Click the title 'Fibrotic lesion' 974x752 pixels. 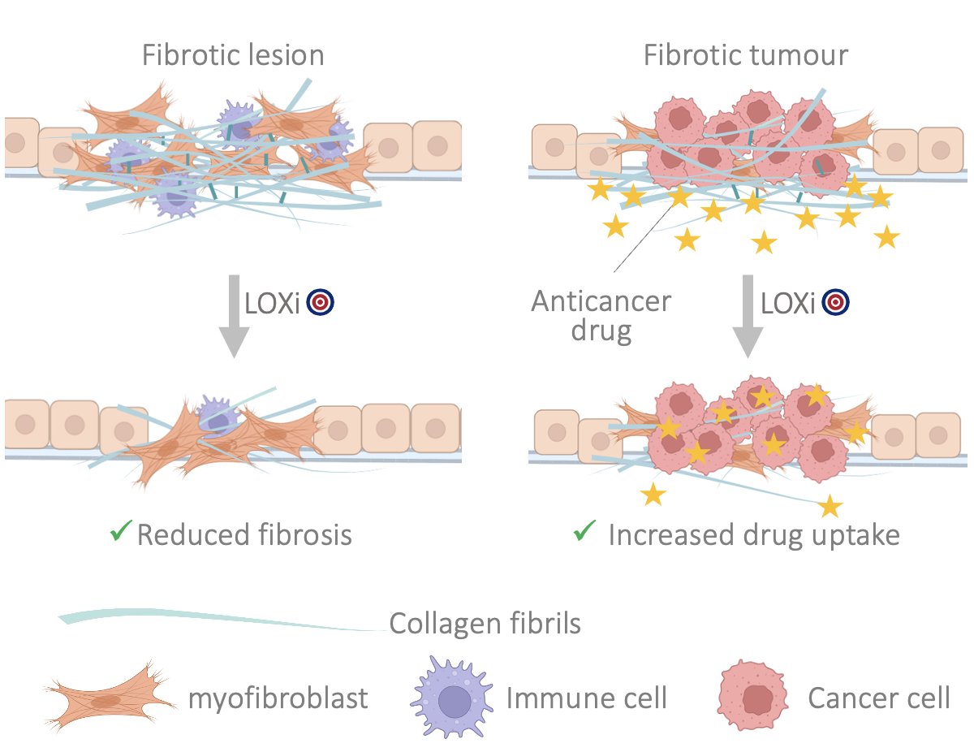[x=233, y=55]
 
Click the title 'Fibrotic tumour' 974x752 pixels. [x=745, y=55]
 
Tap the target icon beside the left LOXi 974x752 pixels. [x=321, y=303]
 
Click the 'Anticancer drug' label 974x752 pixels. [x=601, y=316]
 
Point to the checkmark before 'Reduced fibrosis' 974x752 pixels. [x=121, y=533]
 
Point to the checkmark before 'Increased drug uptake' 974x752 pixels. [x=584, y=533]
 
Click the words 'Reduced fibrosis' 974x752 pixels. [x=244, y=535]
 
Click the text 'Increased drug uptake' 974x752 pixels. [x=754, y=535]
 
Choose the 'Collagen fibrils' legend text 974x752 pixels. [x=485, y=624]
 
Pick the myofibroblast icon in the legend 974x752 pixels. [x=109, y=698]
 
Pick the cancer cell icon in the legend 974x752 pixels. [x=752, y=697]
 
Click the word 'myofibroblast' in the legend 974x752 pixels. [x=278, y=698]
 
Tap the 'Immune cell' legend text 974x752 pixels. [x=587, y=697]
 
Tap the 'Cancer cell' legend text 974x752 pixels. [x=878, y=697]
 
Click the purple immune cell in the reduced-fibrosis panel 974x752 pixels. [x=215, y=417]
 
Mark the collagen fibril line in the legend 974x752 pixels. [x=219, y=621]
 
